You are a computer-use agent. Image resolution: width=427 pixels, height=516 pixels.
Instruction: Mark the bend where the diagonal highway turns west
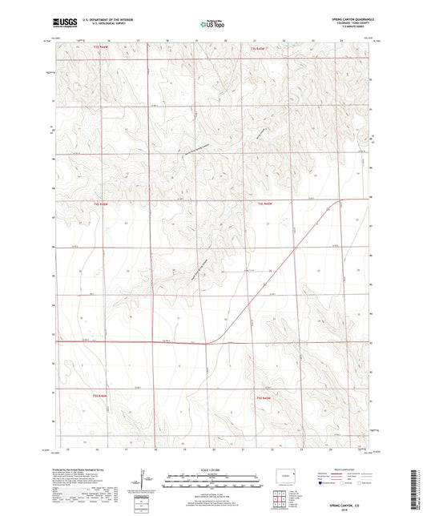pyautogui.click(x=207, y=342)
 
